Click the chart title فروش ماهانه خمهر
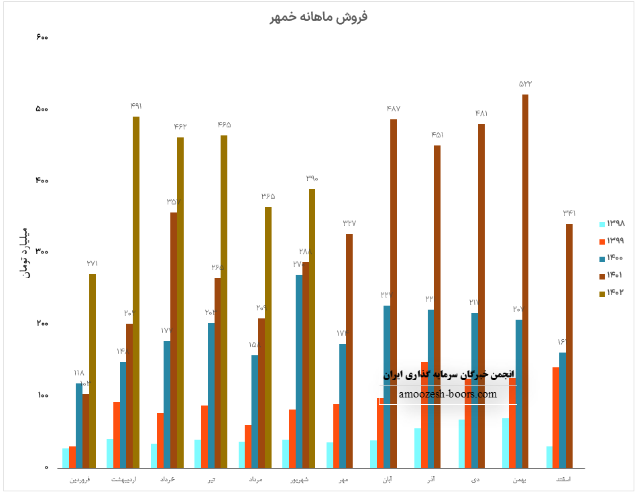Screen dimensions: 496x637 click(x=318, y=17)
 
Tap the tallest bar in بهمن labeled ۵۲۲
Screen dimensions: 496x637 click(x=525, y=282)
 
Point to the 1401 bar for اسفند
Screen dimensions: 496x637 click(x=569, y=345)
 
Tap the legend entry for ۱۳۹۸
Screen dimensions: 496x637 click(x=612, y=224)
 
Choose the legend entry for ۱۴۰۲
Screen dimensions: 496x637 click(x=612, y=293)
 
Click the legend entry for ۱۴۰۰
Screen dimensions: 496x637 click(x=612, y=258)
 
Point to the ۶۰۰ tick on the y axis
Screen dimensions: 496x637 click(x=42, y=37)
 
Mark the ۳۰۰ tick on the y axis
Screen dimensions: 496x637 click(x=42, y=252)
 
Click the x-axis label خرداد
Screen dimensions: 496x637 click(x=168, y=480)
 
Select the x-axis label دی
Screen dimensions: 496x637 click(x=475, y=480)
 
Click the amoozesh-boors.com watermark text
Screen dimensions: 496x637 click(x=448, y=394)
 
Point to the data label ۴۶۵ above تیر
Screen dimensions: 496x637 click(x=224, y=125)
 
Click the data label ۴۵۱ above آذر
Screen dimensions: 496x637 click(x=437, y=135)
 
